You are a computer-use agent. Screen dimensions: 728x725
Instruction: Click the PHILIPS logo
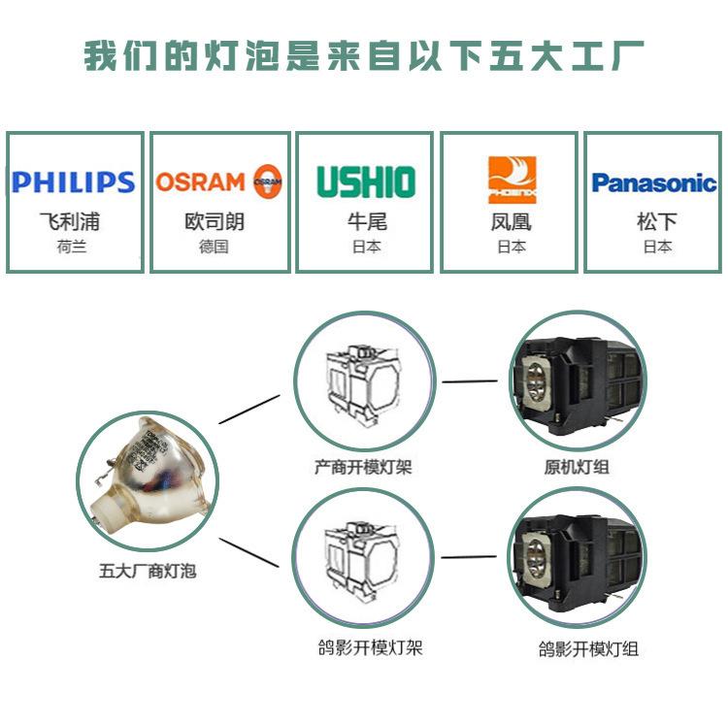tap(73, 181)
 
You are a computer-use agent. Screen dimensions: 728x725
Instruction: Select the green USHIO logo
tap(366, 181)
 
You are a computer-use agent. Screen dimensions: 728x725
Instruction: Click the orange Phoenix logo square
tap(511, 180)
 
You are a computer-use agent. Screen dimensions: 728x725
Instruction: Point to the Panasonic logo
tap(654, 181)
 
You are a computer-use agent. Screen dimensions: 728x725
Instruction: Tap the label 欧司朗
tap(215, 221)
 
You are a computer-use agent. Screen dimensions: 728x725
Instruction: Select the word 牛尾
tap(366, 221)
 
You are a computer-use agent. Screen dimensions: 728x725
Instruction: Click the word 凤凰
tap(511, 221)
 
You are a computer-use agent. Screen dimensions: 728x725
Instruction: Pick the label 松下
tap(654, 221)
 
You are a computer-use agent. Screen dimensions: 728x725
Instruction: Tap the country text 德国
tap(215, 247)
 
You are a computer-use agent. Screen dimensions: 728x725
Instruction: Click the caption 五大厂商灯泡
tap(148, 571)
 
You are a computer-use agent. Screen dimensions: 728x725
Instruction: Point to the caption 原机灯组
tap(577, 467)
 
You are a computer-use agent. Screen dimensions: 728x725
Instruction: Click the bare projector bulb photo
tap(147, 474)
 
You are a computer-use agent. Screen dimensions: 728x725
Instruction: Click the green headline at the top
tap(364, 56)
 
